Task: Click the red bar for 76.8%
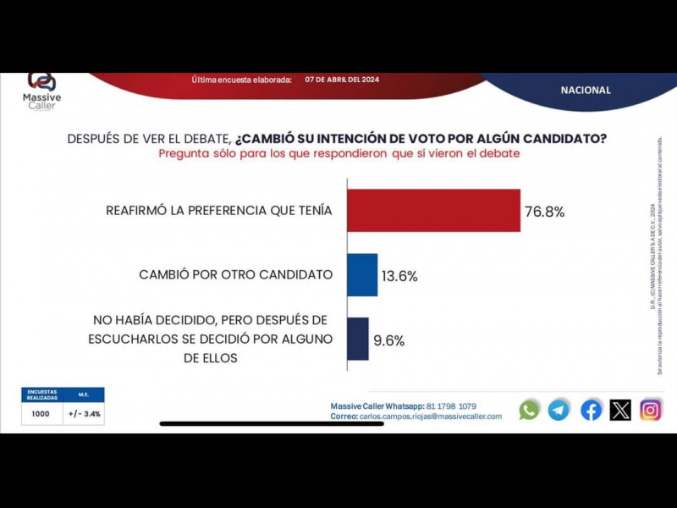point(434,211)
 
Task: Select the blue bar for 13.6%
point(362,275)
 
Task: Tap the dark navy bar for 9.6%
point(358,339)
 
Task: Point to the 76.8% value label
point(544,212)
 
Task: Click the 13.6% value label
point(399,276)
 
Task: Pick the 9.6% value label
point(388,341)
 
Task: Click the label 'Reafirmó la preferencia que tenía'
point(219,211)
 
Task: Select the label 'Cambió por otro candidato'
point(235,274)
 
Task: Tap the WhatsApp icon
point(529,410)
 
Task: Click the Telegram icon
point(559,410)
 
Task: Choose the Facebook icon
point(591,410)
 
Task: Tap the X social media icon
point(620,410)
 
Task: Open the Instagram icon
point(650,410)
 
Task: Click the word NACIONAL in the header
point(585,90)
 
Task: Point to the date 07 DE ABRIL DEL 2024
point(342,80)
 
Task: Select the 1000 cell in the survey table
point(41,414)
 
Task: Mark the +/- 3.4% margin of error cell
point(85,414)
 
